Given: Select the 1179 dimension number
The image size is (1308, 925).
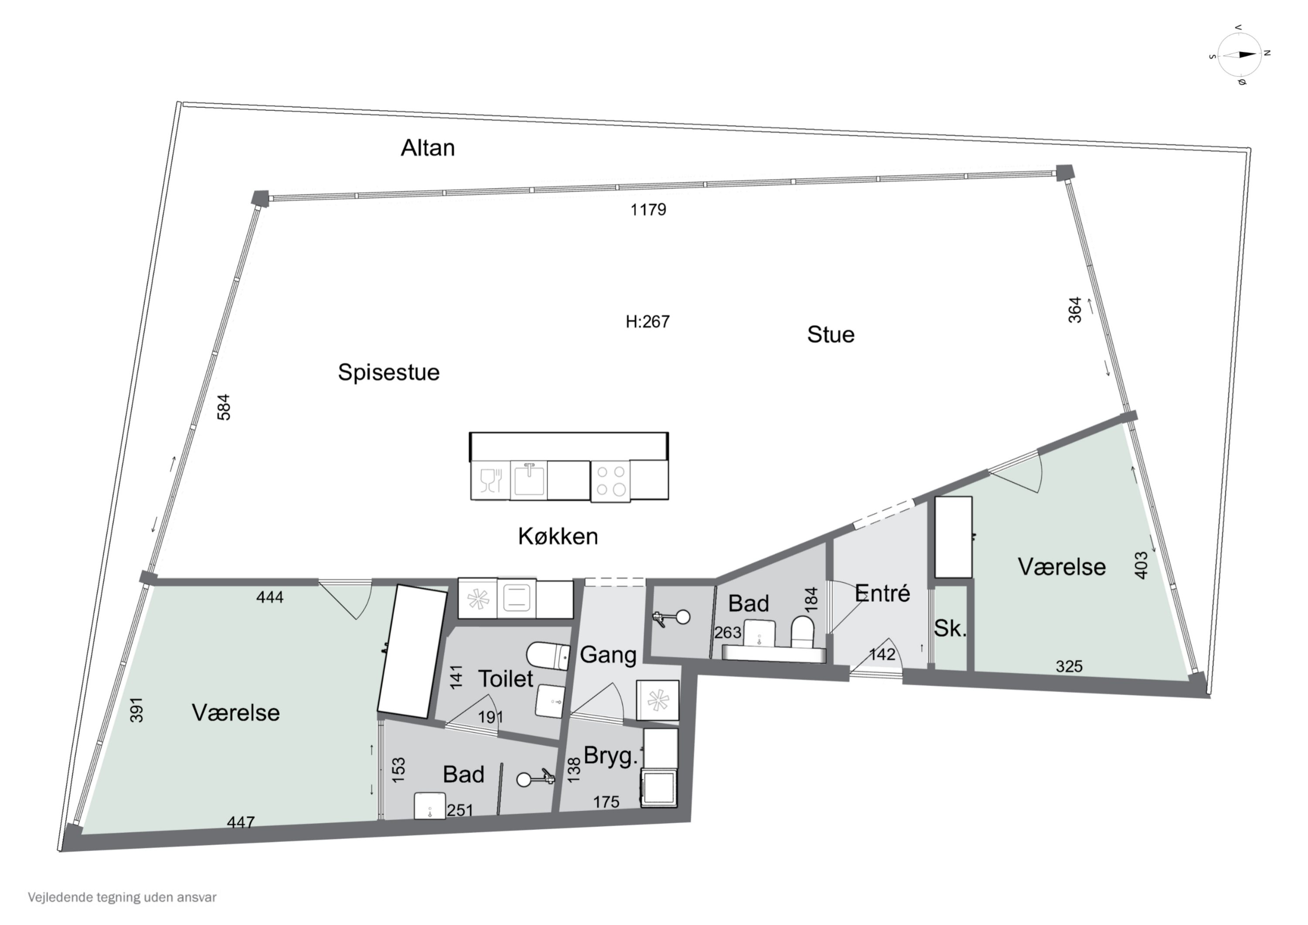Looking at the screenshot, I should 648,210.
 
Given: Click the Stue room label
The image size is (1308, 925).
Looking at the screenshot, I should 830,335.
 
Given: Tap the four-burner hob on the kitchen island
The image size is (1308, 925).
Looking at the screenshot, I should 610,481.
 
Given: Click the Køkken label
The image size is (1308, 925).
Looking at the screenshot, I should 558,536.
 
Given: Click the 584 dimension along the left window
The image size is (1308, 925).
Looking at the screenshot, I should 225,407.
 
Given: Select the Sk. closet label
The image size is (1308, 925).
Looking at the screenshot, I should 950,628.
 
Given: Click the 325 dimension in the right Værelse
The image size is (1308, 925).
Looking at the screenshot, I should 1068,666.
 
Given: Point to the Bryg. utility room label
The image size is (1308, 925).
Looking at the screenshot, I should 610,756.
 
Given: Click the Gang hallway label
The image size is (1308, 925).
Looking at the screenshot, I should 607,655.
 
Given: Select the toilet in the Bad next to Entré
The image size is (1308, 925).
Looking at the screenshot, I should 802,631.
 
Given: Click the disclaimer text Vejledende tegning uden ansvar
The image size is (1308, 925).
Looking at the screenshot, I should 122,897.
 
